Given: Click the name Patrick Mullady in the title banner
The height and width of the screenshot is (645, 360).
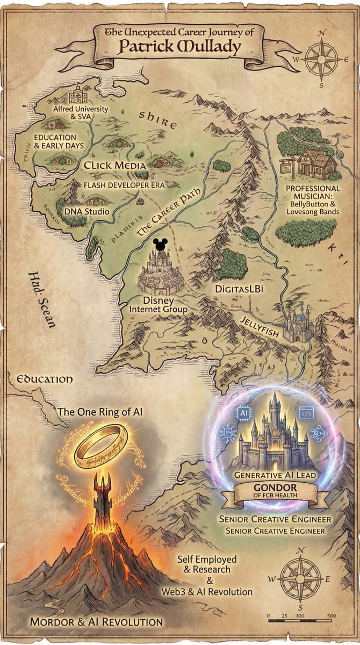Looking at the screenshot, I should coord(180,47).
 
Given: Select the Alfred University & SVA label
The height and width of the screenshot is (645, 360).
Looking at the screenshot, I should coord(81,112).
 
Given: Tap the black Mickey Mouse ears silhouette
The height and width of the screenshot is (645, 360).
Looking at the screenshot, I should coord(160,245).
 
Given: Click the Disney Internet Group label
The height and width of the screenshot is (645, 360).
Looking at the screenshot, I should coord(159,305).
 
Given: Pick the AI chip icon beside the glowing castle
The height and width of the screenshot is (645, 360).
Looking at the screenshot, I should coord(244,413).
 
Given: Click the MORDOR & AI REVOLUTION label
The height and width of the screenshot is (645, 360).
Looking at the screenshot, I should coord(96,622).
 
